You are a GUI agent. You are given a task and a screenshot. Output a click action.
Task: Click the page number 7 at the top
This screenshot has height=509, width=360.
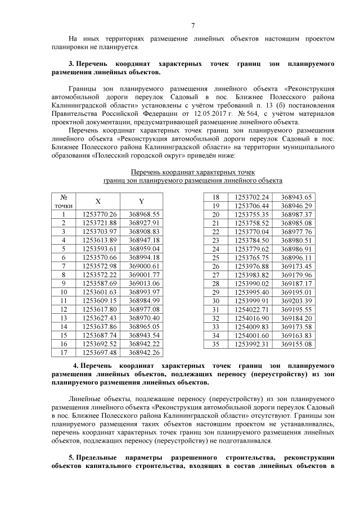[x=193, y=25]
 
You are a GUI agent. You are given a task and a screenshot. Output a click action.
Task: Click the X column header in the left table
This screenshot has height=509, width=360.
[x=98, y=202]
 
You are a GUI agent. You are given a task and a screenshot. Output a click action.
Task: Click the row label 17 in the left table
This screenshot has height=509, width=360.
[x=64, y=352]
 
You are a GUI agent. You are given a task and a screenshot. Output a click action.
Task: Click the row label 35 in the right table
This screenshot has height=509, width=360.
[x=214, y=344]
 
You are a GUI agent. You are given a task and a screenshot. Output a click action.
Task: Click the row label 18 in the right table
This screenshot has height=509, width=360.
[x=214, y=197]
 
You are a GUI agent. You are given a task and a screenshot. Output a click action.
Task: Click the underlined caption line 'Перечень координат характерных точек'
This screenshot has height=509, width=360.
[x=192, y=171]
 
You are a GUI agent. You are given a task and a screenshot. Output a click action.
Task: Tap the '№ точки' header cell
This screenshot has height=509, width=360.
[x=64, y=202]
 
